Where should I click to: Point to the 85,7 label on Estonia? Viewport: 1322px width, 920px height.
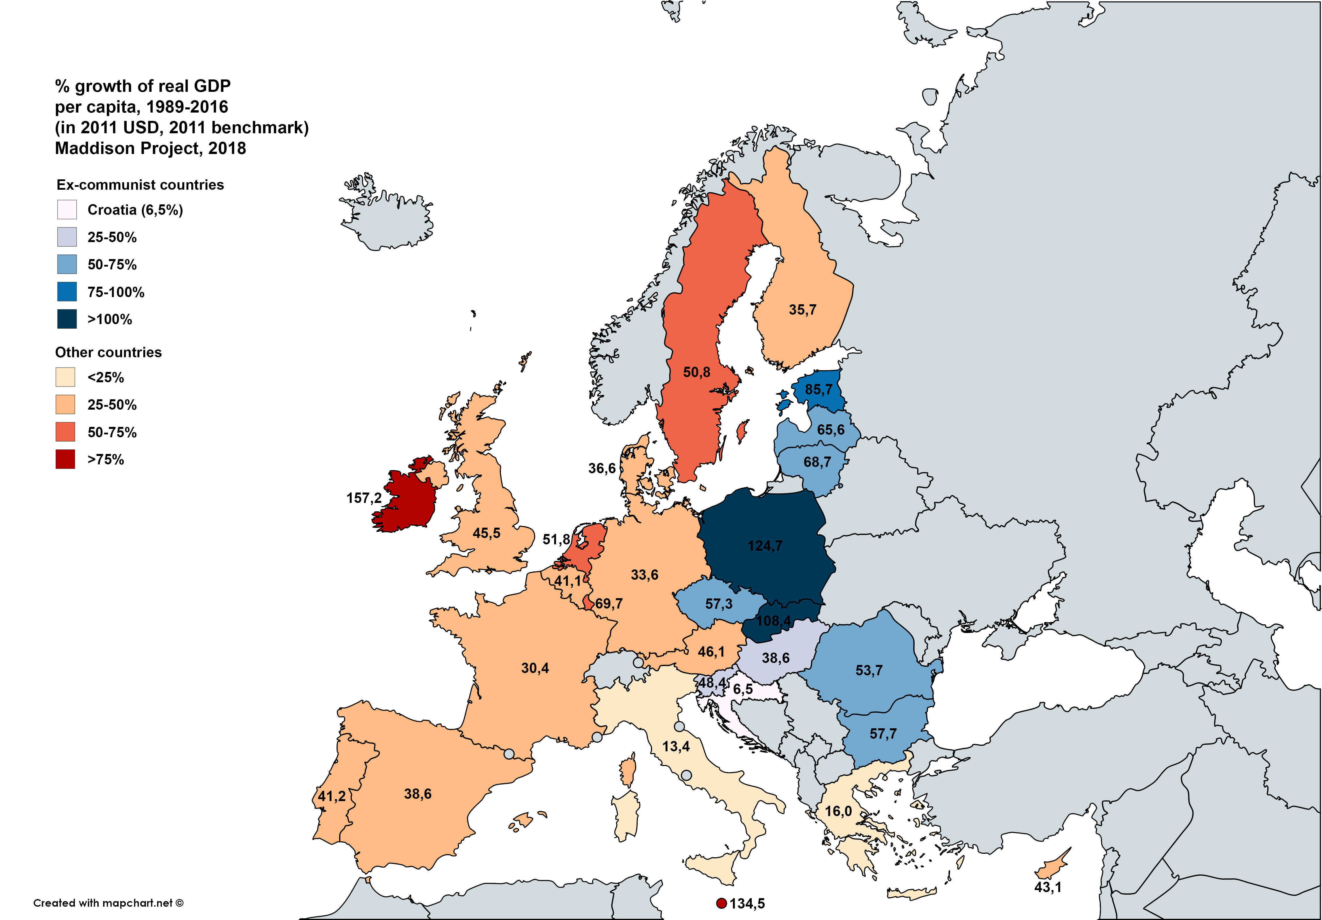(x=818, y=390)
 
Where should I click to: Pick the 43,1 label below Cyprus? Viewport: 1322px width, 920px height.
(x=1047, y=887)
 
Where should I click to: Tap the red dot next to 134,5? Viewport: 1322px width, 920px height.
(x=721, y=903)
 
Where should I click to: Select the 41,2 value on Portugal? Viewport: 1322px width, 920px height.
(x=332, y=796)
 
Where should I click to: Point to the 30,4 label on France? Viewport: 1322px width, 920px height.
(x=535, y=668)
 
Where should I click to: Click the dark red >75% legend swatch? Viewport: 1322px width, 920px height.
(x=66, y=459)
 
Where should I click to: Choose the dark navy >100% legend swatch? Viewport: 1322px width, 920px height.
(x=67, y=319)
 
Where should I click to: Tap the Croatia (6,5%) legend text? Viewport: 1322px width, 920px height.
(x=135, y=210)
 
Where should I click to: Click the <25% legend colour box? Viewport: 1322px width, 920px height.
(x=66, y=377)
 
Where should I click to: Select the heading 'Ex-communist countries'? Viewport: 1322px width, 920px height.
(x=140, y=185)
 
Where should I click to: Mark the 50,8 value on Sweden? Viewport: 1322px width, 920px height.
(x=697, y=372)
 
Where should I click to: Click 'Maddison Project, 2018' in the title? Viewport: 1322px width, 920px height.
(x=150, y=149)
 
